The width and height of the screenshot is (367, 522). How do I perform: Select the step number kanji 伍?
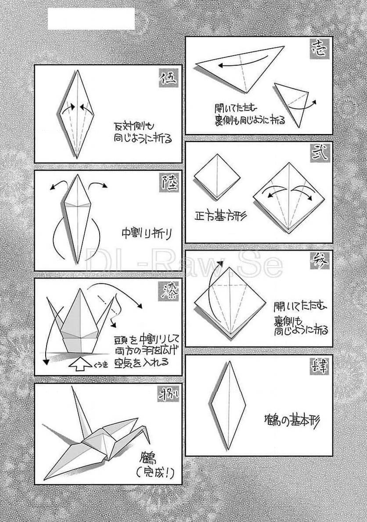[168, 78]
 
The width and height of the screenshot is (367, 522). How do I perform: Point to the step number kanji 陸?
[169, 183]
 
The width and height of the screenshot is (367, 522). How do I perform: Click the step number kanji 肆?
[319, 368]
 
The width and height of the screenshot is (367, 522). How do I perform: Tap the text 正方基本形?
[220, 216]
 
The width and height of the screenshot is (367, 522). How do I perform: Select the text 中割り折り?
[146, 233]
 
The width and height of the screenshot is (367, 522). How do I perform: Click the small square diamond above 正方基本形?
[217, 176]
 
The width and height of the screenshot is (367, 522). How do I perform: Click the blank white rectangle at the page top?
[91, 18]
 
